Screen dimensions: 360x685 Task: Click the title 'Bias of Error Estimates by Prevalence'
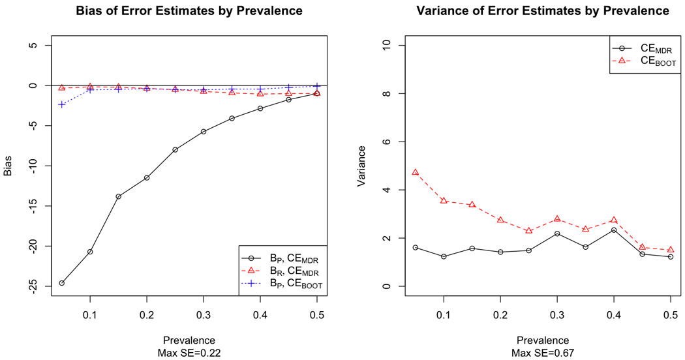click(x=189, y=11)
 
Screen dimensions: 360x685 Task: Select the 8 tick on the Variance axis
click(x=384, y=93)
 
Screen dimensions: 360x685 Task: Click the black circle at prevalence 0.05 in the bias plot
click(x=62, y=283)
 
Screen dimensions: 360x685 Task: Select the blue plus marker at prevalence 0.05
click(x=62, y=104)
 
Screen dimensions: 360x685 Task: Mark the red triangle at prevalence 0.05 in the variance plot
click(x=416, y=172)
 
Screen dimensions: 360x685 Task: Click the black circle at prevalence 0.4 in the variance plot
click(x=614, y=230)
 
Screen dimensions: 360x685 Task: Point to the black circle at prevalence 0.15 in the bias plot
click(x=118, y=196)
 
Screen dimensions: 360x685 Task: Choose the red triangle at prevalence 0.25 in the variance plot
click(x=529, y=231)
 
